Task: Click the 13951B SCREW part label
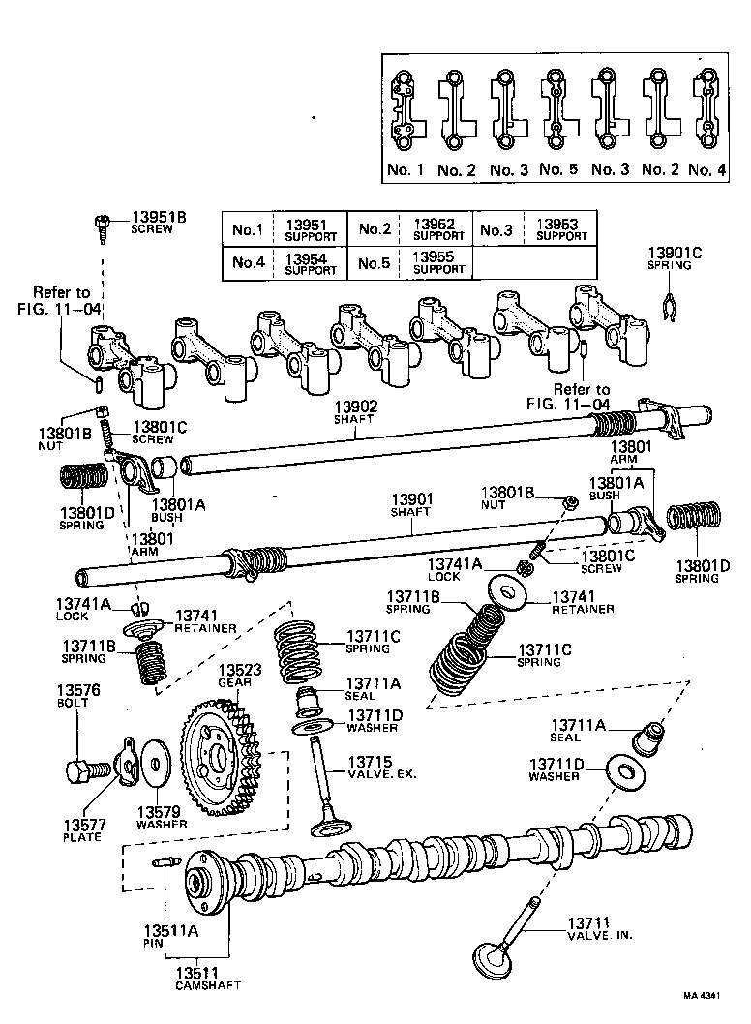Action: [152, 222]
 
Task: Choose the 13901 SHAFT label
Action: [411, 504]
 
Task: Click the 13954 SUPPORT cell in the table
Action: [311, 263]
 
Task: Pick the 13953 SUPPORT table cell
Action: [560, 229]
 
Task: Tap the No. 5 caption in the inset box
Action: [557, 169]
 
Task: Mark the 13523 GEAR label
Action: [237, 675]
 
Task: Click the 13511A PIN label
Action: [171, 936]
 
